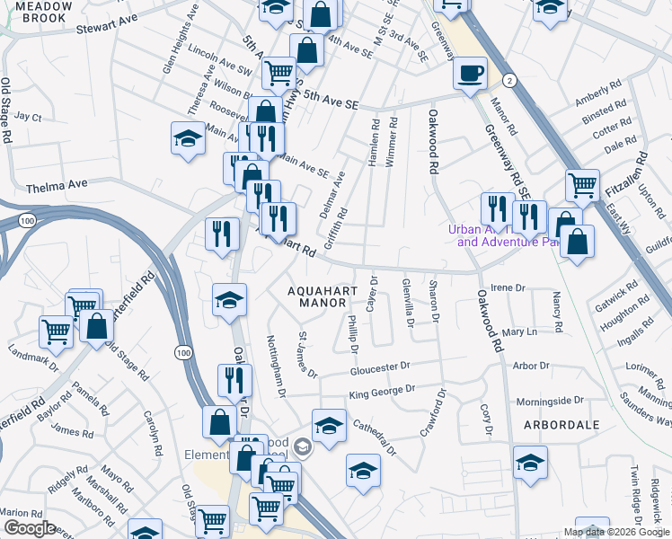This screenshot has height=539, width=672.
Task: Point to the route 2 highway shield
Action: [x=509, y=80]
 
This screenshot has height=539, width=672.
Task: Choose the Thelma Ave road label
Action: [x=57, y=185]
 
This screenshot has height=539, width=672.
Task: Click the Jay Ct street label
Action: [x=28, y=118]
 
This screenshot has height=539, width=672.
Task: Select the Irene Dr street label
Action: [x=508, y=287]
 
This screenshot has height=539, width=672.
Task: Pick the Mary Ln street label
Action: [x=519, y=332]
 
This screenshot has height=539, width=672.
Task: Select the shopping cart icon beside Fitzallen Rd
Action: [x=582, y=185]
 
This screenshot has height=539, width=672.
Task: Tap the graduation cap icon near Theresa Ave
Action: [x=188, y=140]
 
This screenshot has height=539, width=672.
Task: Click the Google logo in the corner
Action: [x=30, y=528]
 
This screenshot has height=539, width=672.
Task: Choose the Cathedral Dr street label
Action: [x=374, y=437]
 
